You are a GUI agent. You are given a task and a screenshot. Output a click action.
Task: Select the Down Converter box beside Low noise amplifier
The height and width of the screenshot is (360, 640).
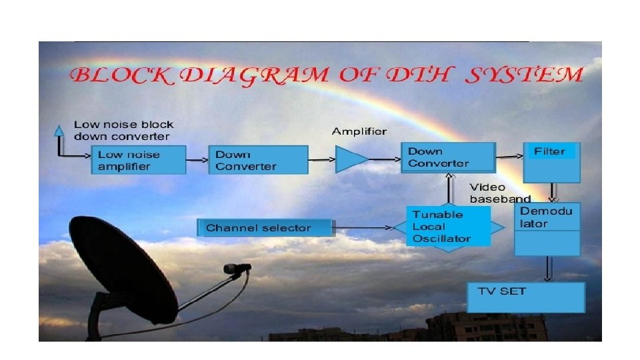tap(258, 161)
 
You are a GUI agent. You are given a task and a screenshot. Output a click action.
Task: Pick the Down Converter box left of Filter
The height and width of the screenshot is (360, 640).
tap(448, 158)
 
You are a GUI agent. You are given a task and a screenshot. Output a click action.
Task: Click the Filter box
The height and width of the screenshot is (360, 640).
tap(551, 162)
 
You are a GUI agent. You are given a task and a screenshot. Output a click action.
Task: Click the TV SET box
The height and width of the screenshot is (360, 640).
tap(526, 297)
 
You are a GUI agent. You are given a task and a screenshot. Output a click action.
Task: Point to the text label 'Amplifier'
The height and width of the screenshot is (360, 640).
tap(359, 131)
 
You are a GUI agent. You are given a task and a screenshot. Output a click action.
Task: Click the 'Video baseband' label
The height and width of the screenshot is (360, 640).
tap(499, 193)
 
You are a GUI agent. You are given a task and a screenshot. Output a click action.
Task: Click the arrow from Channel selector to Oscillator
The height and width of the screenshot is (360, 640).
tap(370, 228)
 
